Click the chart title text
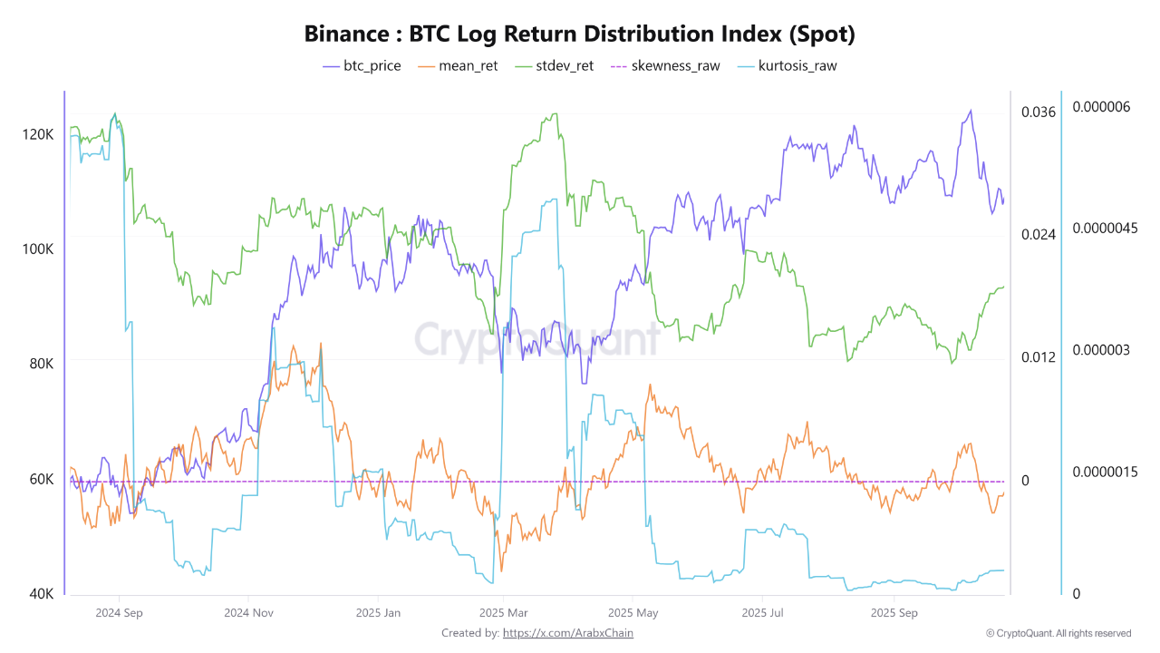(x=580, y=34)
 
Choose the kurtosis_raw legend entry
(x=788, y=66)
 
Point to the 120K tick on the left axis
(x=38, y=134)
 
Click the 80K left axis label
(x=41, y=364)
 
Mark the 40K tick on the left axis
(x=41, y=594)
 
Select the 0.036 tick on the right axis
(x=1039, y=112)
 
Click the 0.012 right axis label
(x=1039, y=357)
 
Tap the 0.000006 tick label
(x=1101, y=107)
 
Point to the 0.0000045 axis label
(x=1105, y=228)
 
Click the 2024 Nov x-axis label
(x=250, y=613)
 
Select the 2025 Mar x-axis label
(x=504, y=613)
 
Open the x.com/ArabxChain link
(x=567, y=633)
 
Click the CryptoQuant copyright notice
(x=1058, y=633)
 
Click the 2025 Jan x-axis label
(x=378, y=613)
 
